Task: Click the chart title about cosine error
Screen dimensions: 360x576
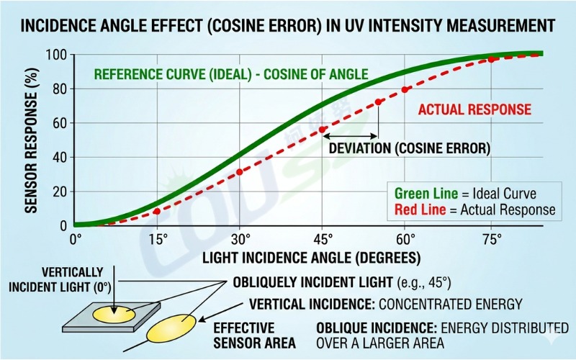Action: point(288,26)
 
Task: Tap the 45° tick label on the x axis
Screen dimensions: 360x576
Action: point(323,239)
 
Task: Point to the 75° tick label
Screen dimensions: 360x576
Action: point(492,239)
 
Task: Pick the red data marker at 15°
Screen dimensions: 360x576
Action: point(157,211)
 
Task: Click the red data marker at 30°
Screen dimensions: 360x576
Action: point(240,172)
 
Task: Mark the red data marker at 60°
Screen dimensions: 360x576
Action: point(405,89)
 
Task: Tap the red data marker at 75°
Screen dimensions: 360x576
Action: point(491,59)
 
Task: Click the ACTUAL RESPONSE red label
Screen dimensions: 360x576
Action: point(474,109)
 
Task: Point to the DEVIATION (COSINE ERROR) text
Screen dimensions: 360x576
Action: point(409,149)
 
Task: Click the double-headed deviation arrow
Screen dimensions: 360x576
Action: point(351,135)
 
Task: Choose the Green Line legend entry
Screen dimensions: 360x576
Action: point(465,194)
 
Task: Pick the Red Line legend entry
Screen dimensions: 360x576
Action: point(474,210)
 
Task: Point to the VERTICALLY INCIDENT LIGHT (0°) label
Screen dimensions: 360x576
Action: point(56,280)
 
